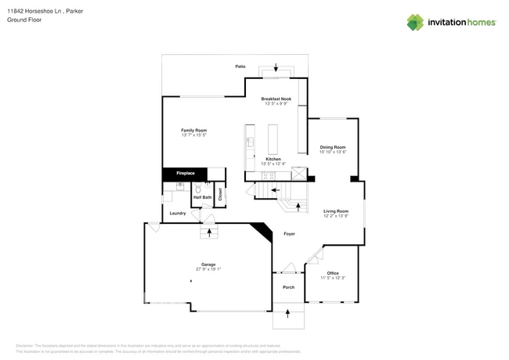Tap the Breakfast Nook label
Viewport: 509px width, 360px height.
(276, 99)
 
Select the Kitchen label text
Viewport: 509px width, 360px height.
(273, 159)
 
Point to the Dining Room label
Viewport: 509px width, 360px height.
(333, 147)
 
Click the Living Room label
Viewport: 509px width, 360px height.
(336, 211)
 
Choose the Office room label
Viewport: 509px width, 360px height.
(333, 273)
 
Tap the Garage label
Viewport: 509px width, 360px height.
(208, 265)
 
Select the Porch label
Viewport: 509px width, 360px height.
(288, 287)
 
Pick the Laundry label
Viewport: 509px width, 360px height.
(178, 213)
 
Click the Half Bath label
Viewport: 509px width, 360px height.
(202, 197)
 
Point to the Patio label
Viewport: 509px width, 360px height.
(240, 67)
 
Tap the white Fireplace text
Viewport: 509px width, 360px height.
(186, 173)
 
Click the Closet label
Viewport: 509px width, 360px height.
(220, 193)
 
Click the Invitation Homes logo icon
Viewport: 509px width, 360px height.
(415, 22)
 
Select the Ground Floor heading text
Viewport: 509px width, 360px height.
(24, 20)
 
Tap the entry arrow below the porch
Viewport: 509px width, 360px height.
(288, 313)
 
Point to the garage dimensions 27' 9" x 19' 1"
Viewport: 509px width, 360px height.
(208, 269)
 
